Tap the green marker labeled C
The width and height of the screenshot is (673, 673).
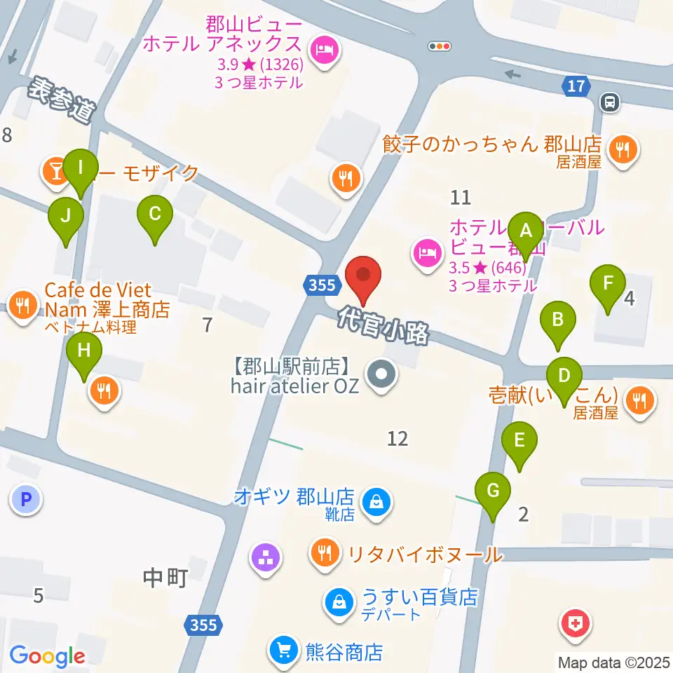coord(155,215)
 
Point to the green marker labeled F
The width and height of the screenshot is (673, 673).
coord(608,285)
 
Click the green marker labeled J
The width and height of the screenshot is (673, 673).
coord(65,217)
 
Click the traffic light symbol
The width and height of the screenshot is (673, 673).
coord(440,46)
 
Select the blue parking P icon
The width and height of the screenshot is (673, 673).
coord(26,500)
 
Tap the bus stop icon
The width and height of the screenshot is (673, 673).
coord(610,103)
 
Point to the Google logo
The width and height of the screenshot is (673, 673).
coord(47,656)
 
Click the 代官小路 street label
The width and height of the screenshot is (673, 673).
coord(383,326)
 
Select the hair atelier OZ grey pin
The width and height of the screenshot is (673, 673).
coord(382,374)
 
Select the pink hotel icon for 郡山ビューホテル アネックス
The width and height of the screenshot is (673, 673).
coord(323,50)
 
